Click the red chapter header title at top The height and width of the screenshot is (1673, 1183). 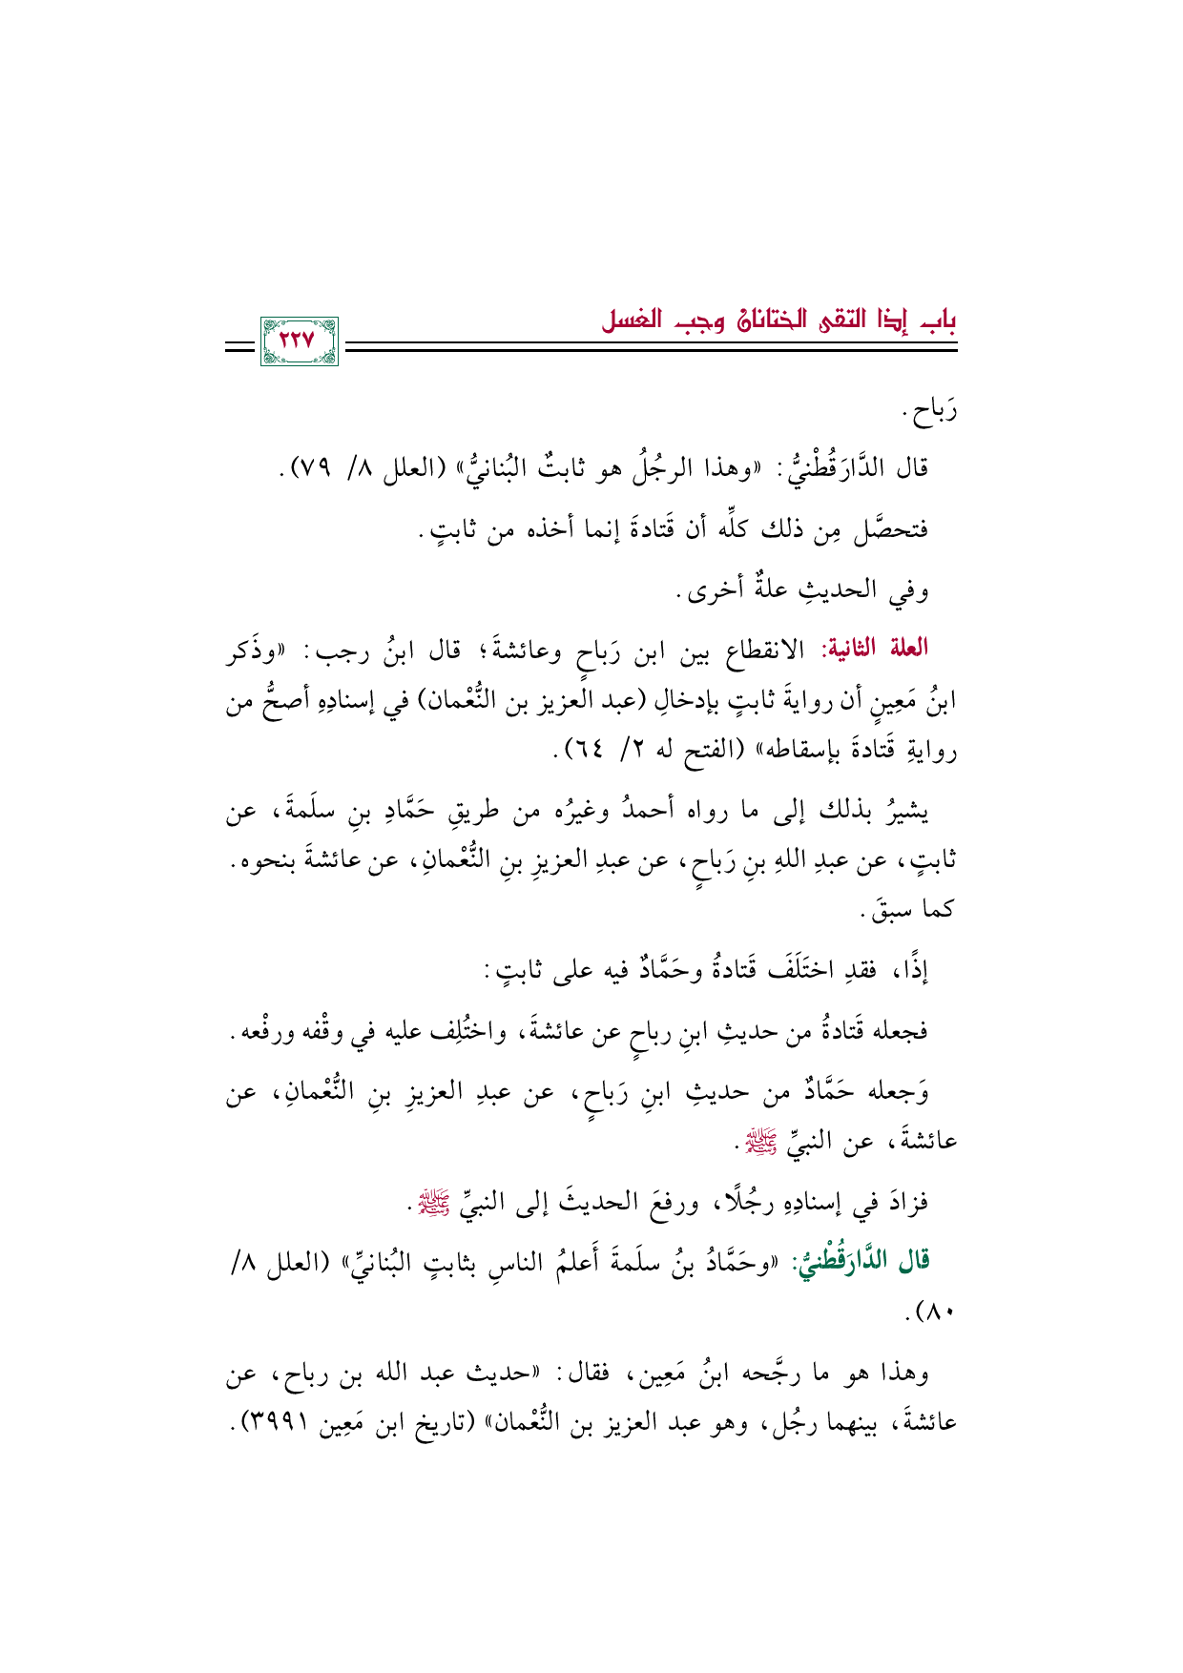point(778,321)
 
